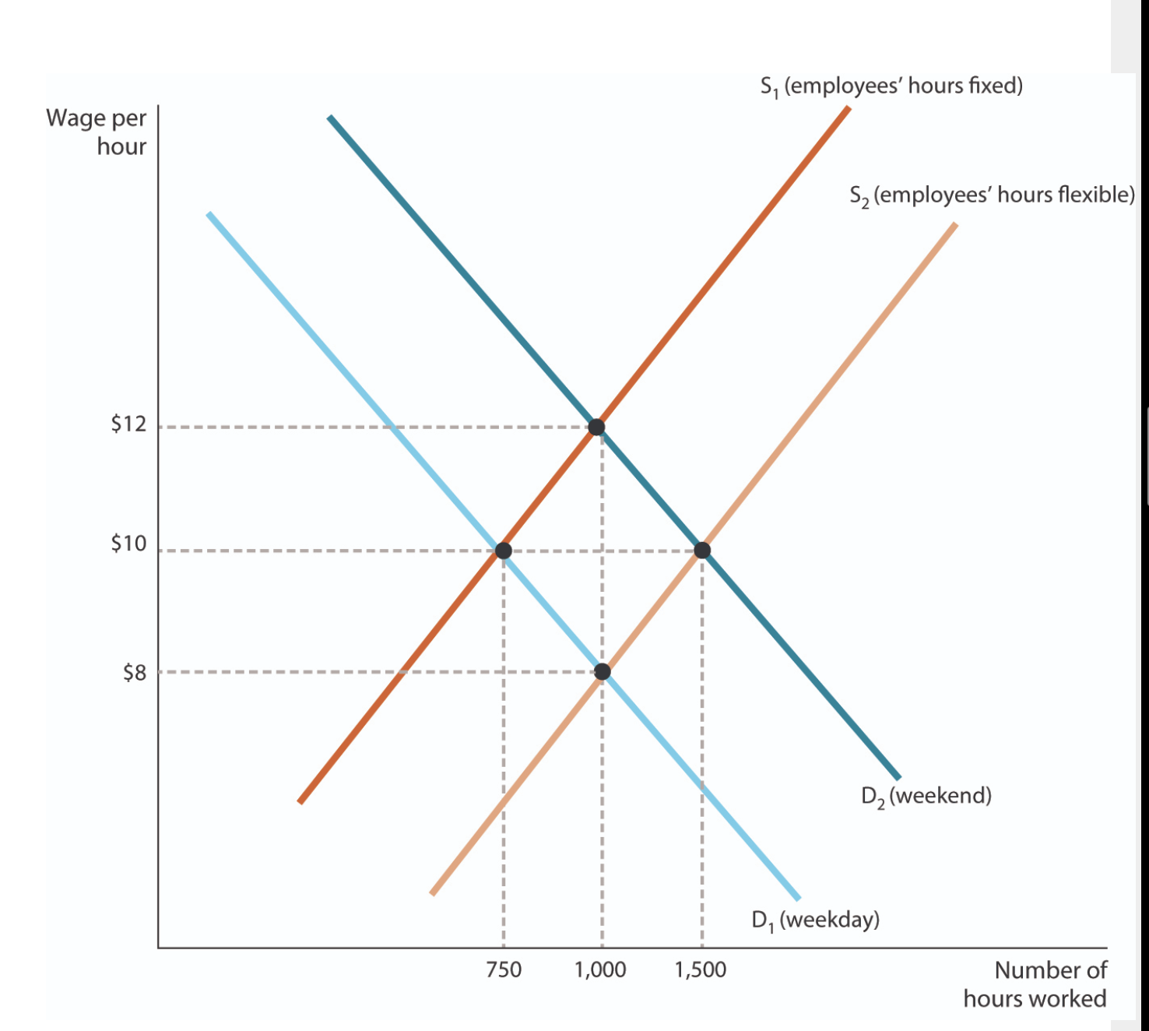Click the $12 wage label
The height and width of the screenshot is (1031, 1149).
[x=128, y=424]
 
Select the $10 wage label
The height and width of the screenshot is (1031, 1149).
[x=128, y=544]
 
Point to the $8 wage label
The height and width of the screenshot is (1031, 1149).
[x=134, y=673]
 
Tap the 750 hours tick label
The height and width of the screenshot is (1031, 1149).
[x=504, y=969]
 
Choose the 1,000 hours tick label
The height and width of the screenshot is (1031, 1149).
[x=600, y=969]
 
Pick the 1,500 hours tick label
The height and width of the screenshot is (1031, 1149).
[x=701, y=969]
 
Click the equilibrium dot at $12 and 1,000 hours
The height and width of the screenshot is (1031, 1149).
[x=596, y=427]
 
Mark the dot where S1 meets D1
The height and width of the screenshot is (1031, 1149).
[x=504, y=551]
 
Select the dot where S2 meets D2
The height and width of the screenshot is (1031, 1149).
[x=702, y=551]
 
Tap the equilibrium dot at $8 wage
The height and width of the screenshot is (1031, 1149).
[x=602, y=671]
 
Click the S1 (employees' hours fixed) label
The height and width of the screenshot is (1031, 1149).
[x=891, y=86]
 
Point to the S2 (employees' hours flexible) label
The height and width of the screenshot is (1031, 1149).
[x=992, y=195]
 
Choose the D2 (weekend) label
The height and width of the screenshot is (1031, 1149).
[x=926, y=796]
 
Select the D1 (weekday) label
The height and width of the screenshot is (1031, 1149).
[x=815, y=920]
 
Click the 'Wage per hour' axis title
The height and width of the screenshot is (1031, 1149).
[x=97, y=132]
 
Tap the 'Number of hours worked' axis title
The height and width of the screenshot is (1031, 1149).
[x=1035, y=984]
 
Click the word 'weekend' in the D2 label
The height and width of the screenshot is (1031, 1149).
[x=940, y=795]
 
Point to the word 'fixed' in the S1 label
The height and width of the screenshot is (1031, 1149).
[x=991, y=85]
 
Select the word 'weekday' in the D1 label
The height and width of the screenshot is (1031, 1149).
[x=829, y=920]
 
